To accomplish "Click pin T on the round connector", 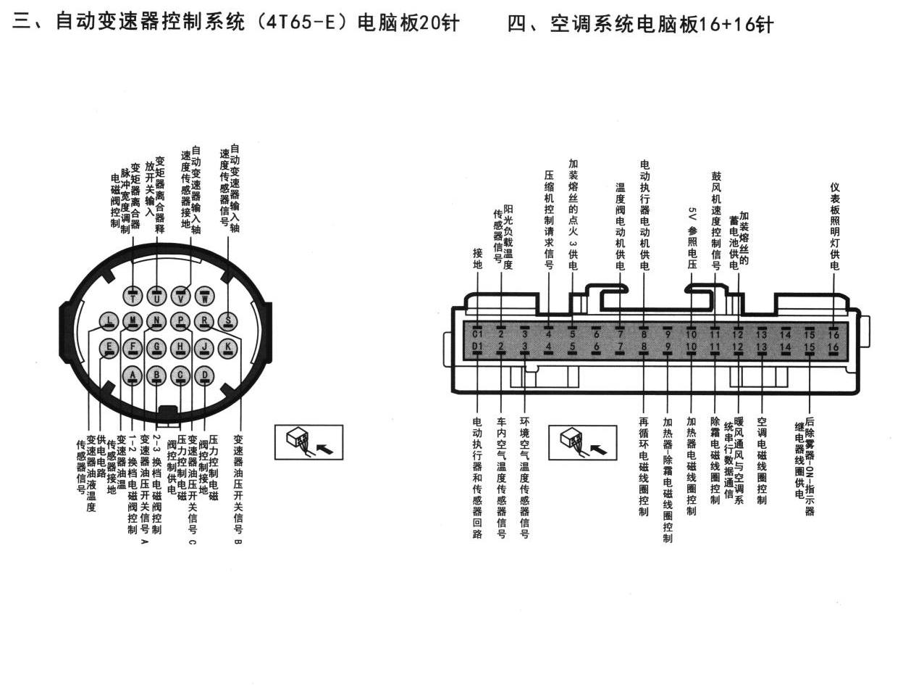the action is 133,297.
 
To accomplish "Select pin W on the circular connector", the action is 204,297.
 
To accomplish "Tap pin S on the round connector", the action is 227,320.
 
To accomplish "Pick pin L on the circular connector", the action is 109,320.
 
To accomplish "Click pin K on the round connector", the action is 227,348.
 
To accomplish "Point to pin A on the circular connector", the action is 133,376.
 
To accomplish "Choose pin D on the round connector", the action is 204,376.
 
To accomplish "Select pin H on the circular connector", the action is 180,348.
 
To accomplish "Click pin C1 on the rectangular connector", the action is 477,333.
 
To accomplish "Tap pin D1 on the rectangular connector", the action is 477,347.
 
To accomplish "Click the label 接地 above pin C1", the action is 478,259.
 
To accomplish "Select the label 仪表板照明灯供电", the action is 834,226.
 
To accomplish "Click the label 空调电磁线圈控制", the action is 762,461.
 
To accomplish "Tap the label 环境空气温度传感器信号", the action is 524,478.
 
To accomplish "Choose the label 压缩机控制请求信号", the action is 549,220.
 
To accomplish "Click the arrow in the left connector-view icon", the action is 326,449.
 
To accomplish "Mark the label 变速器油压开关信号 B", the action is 238,489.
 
